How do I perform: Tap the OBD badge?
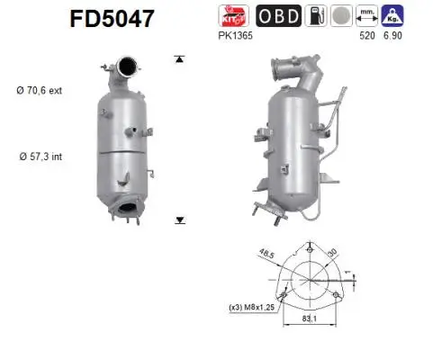(280, 15)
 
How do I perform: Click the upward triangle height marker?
(179, 58)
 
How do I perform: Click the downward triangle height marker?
(179, 219)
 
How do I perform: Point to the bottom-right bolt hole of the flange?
(336, 295)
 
